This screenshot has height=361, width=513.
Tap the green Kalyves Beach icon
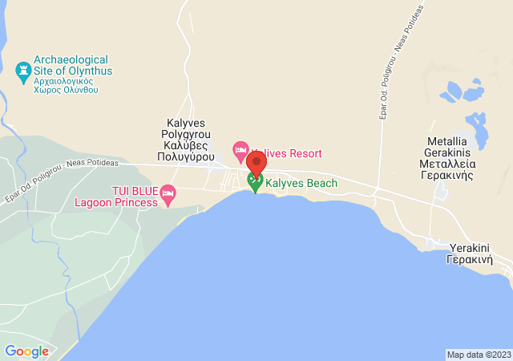point(256,183)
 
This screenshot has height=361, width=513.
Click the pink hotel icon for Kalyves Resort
point(240,149)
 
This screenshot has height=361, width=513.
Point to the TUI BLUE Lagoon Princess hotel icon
point(168,193)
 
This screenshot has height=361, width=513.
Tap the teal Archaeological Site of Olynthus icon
point(23,71)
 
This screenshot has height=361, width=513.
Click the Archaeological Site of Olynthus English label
point(73,65)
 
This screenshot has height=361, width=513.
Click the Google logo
point(26,351)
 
